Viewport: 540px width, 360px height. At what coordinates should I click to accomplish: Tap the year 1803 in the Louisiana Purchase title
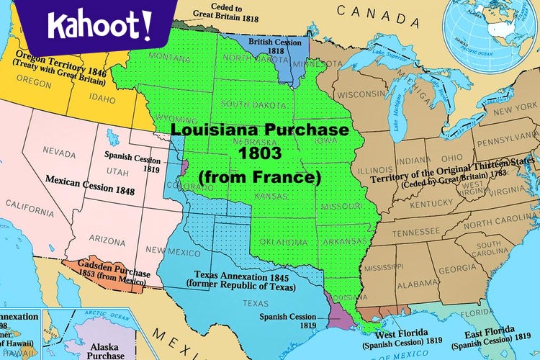coord(258,153)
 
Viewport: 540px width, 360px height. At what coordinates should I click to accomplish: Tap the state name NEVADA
coord(59,152)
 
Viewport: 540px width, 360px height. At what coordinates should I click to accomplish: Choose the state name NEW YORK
coord(495,110)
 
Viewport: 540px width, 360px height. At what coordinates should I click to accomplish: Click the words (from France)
coord(258,176)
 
